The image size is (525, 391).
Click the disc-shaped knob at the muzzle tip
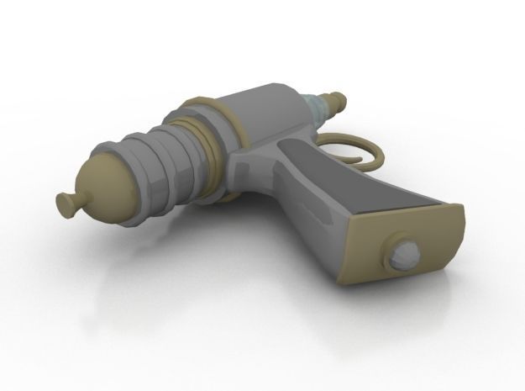click(x=63, y=202)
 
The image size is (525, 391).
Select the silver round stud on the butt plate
click(x=406, y=251)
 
